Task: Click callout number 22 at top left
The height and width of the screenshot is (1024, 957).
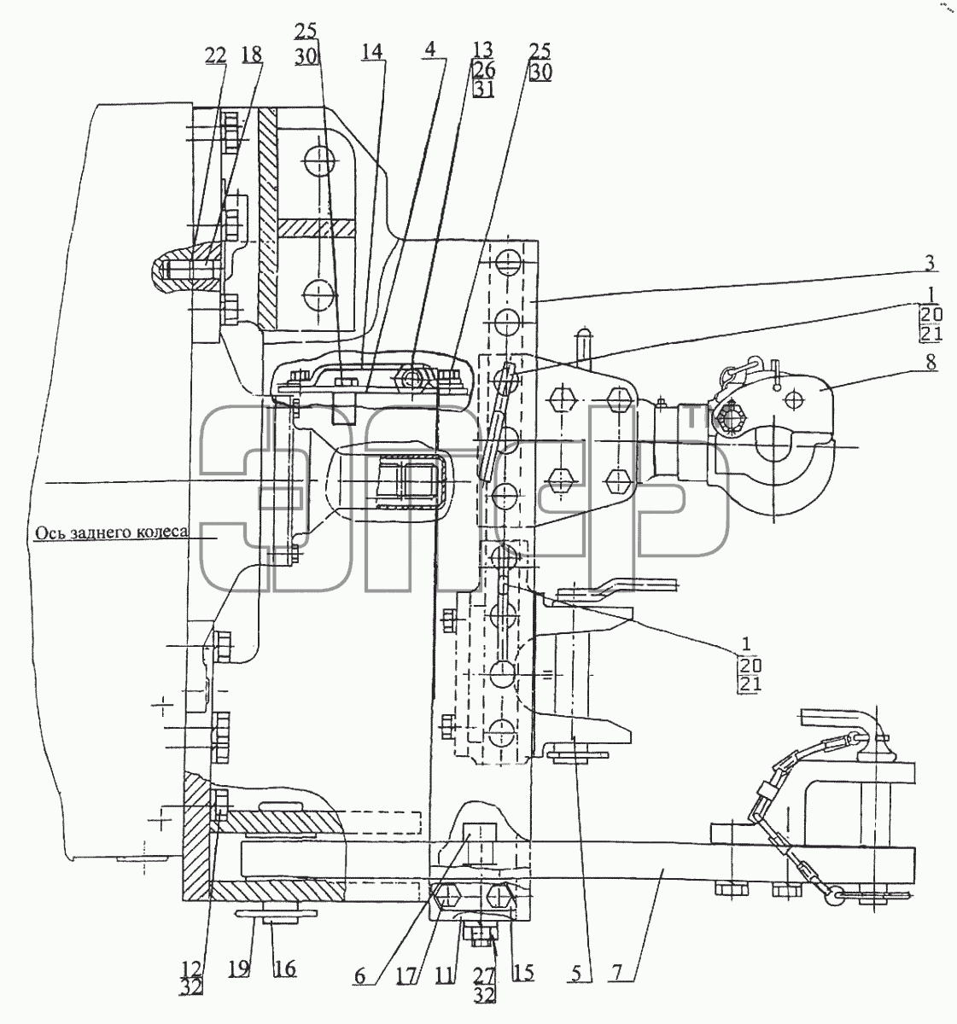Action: click(x=216, y=55)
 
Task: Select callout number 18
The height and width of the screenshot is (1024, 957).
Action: click(x=252, y=55)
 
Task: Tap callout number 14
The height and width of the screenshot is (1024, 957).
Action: click(x=371, y=51)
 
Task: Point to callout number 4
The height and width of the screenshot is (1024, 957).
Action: click(x=431, y=49)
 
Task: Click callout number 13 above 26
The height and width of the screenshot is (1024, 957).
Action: click(x=483, y=49)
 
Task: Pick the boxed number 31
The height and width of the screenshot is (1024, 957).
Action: click(x=483, y=90)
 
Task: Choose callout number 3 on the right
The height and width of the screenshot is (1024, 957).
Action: click(x=929, y=263)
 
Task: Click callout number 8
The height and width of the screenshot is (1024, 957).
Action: click(x=931, y=362)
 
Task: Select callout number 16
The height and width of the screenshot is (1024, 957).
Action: click(x=285, y=969)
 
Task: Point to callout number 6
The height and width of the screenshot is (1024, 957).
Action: click(x=359, y=975)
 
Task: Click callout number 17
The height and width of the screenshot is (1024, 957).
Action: click(x=407, y=975)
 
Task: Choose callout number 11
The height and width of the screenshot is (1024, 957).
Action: click(x=446, y=975)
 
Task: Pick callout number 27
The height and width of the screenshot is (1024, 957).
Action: click(x=484, y=975)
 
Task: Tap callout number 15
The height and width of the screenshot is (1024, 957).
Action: click(x=523, y=973)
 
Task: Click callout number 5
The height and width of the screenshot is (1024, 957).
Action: click(x=576, y=974)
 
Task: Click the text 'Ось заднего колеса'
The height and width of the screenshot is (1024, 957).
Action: click(x=112, y=532)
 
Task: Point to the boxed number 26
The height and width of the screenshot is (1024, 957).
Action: click(x=483, y=69)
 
